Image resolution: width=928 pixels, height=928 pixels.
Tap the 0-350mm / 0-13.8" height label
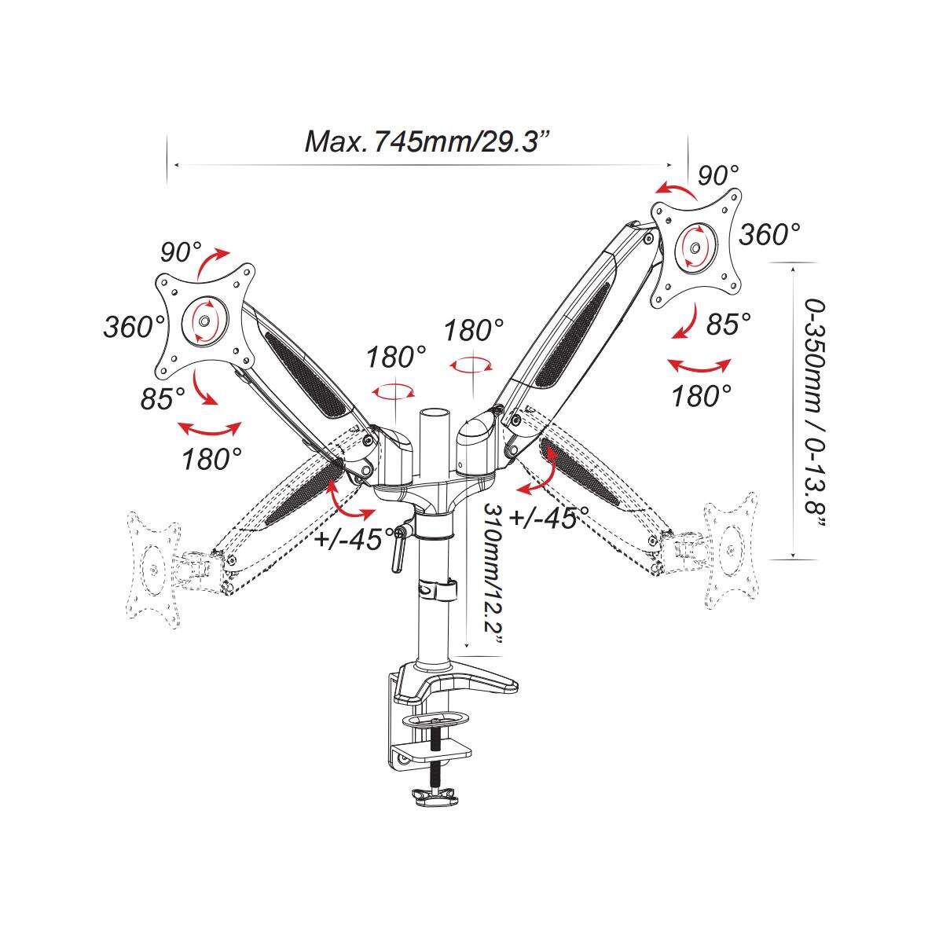point(815,413)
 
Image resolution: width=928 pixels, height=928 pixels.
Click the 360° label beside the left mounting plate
point(134,327)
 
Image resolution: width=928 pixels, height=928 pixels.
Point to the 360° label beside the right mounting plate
point(769,234)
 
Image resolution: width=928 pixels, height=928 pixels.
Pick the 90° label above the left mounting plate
point(181,253)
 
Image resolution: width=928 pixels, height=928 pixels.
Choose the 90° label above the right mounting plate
point(718,175)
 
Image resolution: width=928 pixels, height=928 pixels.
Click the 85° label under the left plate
point(162,398)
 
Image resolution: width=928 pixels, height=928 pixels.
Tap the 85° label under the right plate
point(728,325)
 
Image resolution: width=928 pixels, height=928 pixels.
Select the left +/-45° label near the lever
point(354,538)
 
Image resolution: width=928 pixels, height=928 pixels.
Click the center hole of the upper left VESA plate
point(204,321)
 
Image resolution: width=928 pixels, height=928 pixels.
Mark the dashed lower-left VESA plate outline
point(153,570)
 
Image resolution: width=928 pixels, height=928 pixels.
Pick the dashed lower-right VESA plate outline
point(731,550)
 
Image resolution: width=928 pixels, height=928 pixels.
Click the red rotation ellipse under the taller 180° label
point(471,365)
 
